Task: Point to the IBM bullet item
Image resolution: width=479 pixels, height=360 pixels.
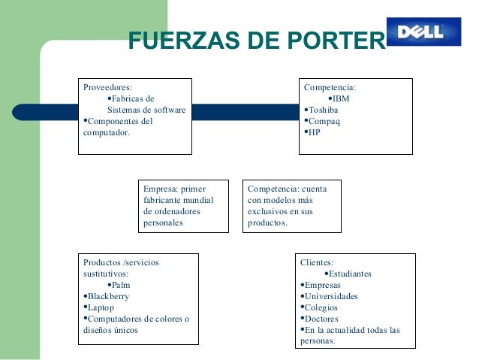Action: pyautogui.click(x=342, y=98)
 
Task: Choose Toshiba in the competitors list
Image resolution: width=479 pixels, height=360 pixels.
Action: pyautogui.click(x=324, y=110)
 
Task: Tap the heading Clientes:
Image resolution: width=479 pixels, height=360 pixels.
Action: pyautogui.click(x=317, y=263)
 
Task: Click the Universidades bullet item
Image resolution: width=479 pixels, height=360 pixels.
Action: pyautogui.click(x=331, y=296)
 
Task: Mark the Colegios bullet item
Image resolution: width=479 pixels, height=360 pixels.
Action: pyautogui.click(x=321, y=307)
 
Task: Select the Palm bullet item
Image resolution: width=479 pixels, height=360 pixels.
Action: pyautogui.click(x=120, y=286)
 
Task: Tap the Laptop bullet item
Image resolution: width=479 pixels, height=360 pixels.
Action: pyautogui.click(x=101, y=307)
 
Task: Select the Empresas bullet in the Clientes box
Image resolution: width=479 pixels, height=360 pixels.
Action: pyautogui.click(x=323, y=286)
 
